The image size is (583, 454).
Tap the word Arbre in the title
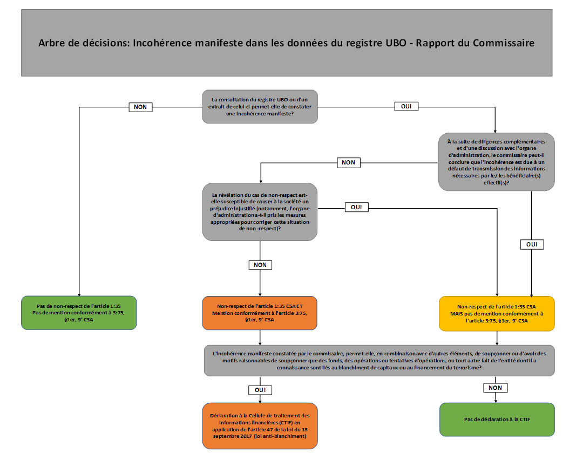point(53,43)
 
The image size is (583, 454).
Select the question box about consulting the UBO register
point(260,107)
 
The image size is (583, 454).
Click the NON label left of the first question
point(140,107)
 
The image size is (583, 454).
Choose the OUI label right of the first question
point(406,106)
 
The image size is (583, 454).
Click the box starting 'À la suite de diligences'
point(496,162)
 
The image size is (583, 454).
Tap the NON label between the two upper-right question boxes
point(349,162)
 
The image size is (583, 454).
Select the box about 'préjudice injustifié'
point(260,211)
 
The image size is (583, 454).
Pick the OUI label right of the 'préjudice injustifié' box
point(356,207)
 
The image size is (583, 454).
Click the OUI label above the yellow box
point(532,244)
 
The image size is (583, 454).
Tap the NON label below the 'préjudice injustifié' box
point(260,265)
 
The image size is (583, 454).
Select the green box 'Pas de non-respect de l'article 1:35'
point(79,313)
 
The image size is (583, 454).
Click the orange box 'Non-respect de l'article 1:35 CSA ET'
point(260,313)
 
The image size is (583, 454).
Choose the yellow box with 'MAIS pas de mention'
point(496,313)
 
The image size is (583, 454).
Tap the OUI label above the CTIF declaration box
point(260,389)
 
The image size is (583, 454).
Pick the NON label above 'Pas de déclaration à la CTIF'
point(496,388)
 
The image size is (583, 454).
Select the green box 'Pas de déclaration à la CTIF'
point(496,419)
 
